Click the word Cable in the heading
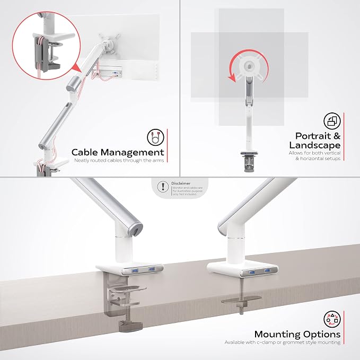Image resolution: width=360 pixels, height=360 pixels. tap(85, 152)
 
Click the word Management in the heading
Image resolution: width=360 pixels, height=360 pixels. tap(133, 153)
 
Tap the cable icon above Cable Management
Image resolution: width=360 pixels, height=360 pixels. tap(156, 137)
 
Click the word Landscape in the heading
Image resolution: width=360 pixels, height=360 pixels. tap(315, 146)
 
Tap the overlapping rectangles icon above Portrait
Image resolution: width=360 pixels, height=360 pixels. tap(332, 121)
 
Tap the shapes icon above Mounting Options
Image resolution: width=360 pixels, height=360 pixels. tap(332, 319)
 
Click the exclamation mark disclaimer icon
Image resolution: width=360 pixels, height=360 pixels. tap(163, 186)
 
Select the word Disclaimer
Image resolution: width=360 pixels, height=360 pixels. tap(181, 183)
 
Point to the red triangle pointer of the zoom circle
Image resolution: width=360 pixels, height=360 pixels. tap(77, 68)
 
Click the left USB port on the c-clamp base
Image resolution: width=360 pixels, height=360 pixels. tap(135, 271)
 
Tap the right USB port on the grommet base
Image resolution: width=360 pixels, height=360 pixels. tap(268, 270)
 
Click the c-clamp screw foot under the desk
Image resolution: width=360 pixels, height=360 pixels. tap(130, 326)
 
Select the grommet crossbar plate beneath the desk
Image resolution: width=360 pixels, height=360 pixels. tap(241, 300)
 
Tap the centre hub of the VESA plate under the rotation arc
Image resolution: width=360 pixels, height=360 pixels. tap(249, 66)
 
